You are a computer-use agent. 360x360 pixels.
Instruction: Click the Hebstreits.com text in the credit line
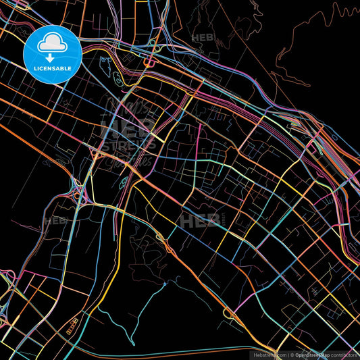click(269, 354)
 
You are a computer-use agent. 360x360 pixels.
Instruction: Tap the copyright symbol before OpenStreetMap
click(292, 354)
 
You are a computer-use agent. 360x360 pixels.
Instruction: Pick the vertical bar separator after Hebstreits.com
click(288, 354)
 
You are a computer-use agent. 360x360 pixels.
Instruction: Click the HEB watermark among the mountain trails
click(203, 38)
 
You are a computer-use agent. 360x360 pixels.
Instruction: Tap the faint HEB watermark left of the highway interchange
click(55, 220)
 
